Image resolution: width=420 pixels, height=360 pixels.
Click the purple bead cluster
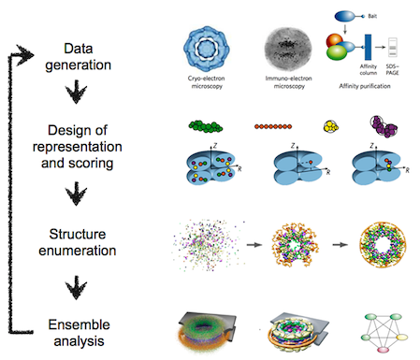click(383, 125)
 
